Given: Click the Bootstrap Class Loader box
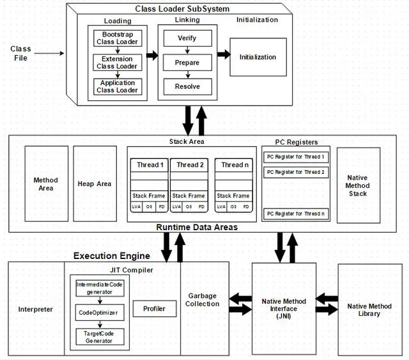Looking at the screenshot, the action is click(118, 38).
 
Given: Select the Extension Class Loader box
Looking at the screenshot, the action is click(118, 63).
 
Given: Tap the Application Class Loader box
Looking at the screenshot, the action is click(118, 86).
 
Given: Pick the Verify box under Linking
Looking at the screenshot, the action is click(187, 38).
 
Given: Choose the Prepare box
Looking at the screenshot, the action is click(187, 63).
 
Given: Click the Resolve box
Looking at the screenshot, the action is click(187, 87).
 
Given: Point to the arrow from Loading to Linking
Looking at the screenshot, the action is click(152, 56).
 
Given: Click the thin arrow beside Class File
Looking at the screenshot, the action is click(49, 54).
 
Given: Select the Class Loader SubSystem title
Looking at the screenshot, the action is click(182, 9).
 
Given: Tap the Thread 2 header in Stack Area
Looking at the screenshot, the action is click(189, 165).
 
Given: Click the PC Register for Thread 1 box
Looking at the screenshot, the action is click(296, 157).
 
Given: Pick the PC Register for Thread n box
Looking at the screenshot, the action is click(296, 214).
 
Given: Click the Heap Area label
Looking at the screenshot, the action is click(95, 184).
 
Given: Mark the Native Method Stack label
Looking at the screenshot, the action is click(358, 185).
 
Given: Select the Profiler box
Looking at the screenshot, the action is click(155, 309).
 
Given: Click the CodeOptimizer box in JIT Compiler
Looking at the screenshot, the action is click(100, 313).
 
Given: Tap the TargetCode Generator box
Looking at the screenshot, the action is click(100, 337).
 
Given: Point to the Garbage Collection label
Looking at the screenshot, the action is click(202, 300).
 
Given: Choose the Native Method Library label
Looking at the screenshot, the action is click(369, 309).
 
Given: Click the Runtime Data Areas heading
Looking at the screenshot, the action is click(197, 227).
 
